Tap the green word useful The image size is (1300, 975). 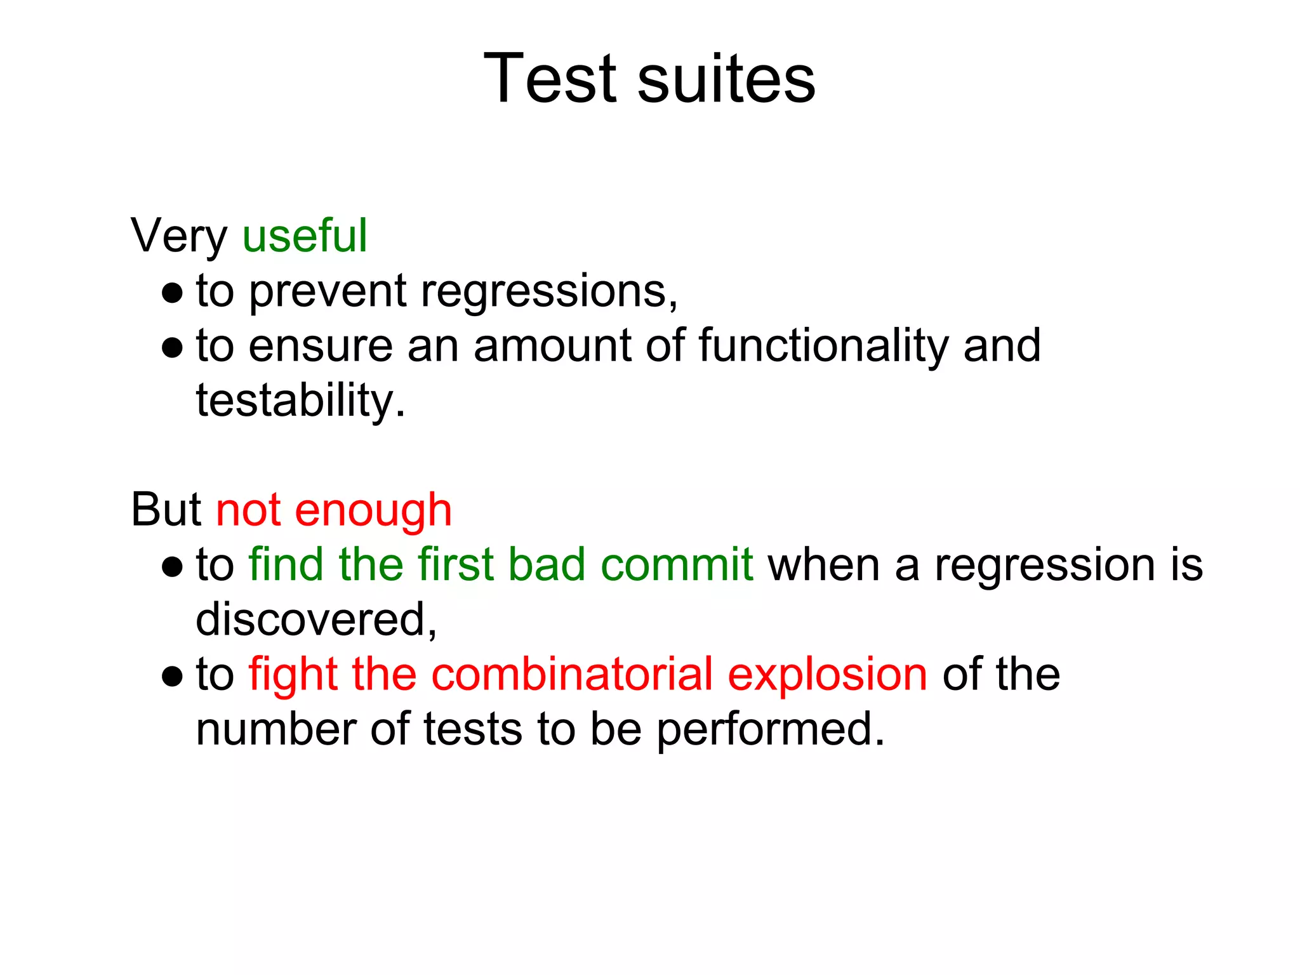(305, 235)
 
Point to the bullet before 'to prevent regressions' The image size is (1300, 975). (172, 293)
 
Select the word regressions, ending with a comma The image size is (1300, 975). (549, 291)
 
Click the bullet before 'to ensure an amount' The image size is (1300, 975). (172, 347)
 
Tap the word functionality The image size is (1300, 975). (823, 346)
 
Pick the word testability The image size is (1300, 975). (300, 401)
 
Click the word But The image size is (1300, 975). (166, 510)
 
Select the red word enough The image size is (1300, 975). (373, 510)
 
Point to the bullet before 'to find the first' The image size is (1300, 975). (172, 566)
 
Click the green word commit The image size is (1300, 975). (677, 564)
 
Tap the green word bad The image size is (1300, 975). (547, 564)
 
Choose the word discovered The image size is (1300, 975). (315, 620)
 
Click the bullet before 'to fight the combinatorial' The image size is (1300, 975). (172, 676)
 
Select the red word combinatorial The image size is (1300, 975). (572, 674)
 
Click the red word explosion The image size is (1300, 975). (827, 674)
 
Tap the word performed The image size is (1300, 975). (770, 729)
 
